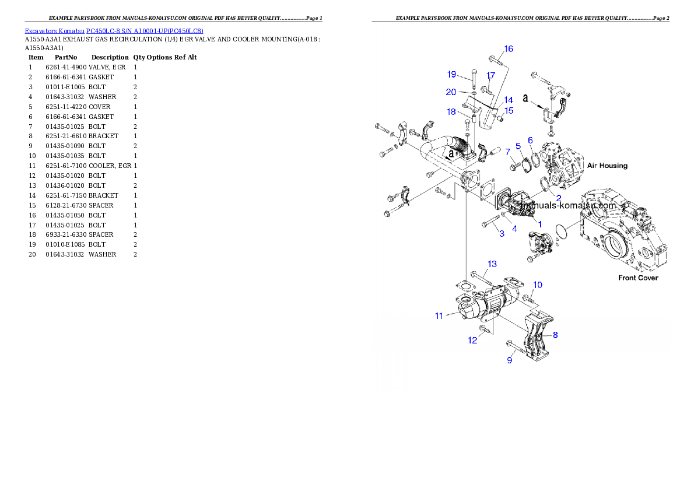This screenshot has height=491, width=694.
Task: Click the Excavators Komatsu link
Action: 54,31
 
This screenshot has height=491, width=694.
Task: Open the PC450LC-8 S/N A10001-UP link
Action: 145,31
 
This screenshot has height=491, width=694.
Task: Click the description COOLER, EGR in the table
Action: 110,166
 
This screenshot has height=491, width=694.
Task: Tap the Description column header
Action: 110,58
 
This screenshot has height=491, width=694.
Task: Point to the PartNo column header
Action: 66,58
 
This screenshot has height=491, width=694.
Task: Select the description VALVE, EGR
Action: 107,67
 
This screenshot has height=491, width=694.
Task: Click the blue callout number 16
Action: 509,49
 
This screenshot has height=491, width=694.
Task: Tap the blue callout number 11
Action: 439,315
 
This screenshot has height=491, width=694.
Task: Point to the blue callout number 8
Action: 555,335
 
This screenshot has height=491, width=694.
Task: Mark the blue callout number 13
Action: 492,264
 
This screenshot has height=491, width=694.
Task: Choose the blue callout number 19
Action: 451,75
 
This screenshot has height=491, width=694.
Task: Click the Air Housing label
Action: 607,166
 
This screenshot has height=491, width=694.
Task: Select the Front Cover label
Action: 638,278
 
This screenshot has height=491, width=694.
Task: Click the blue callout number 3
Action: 502,233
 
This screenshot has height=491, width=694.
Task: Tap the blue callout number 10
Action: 537,285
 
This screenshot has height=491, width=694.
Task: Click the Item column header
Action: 36,58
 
